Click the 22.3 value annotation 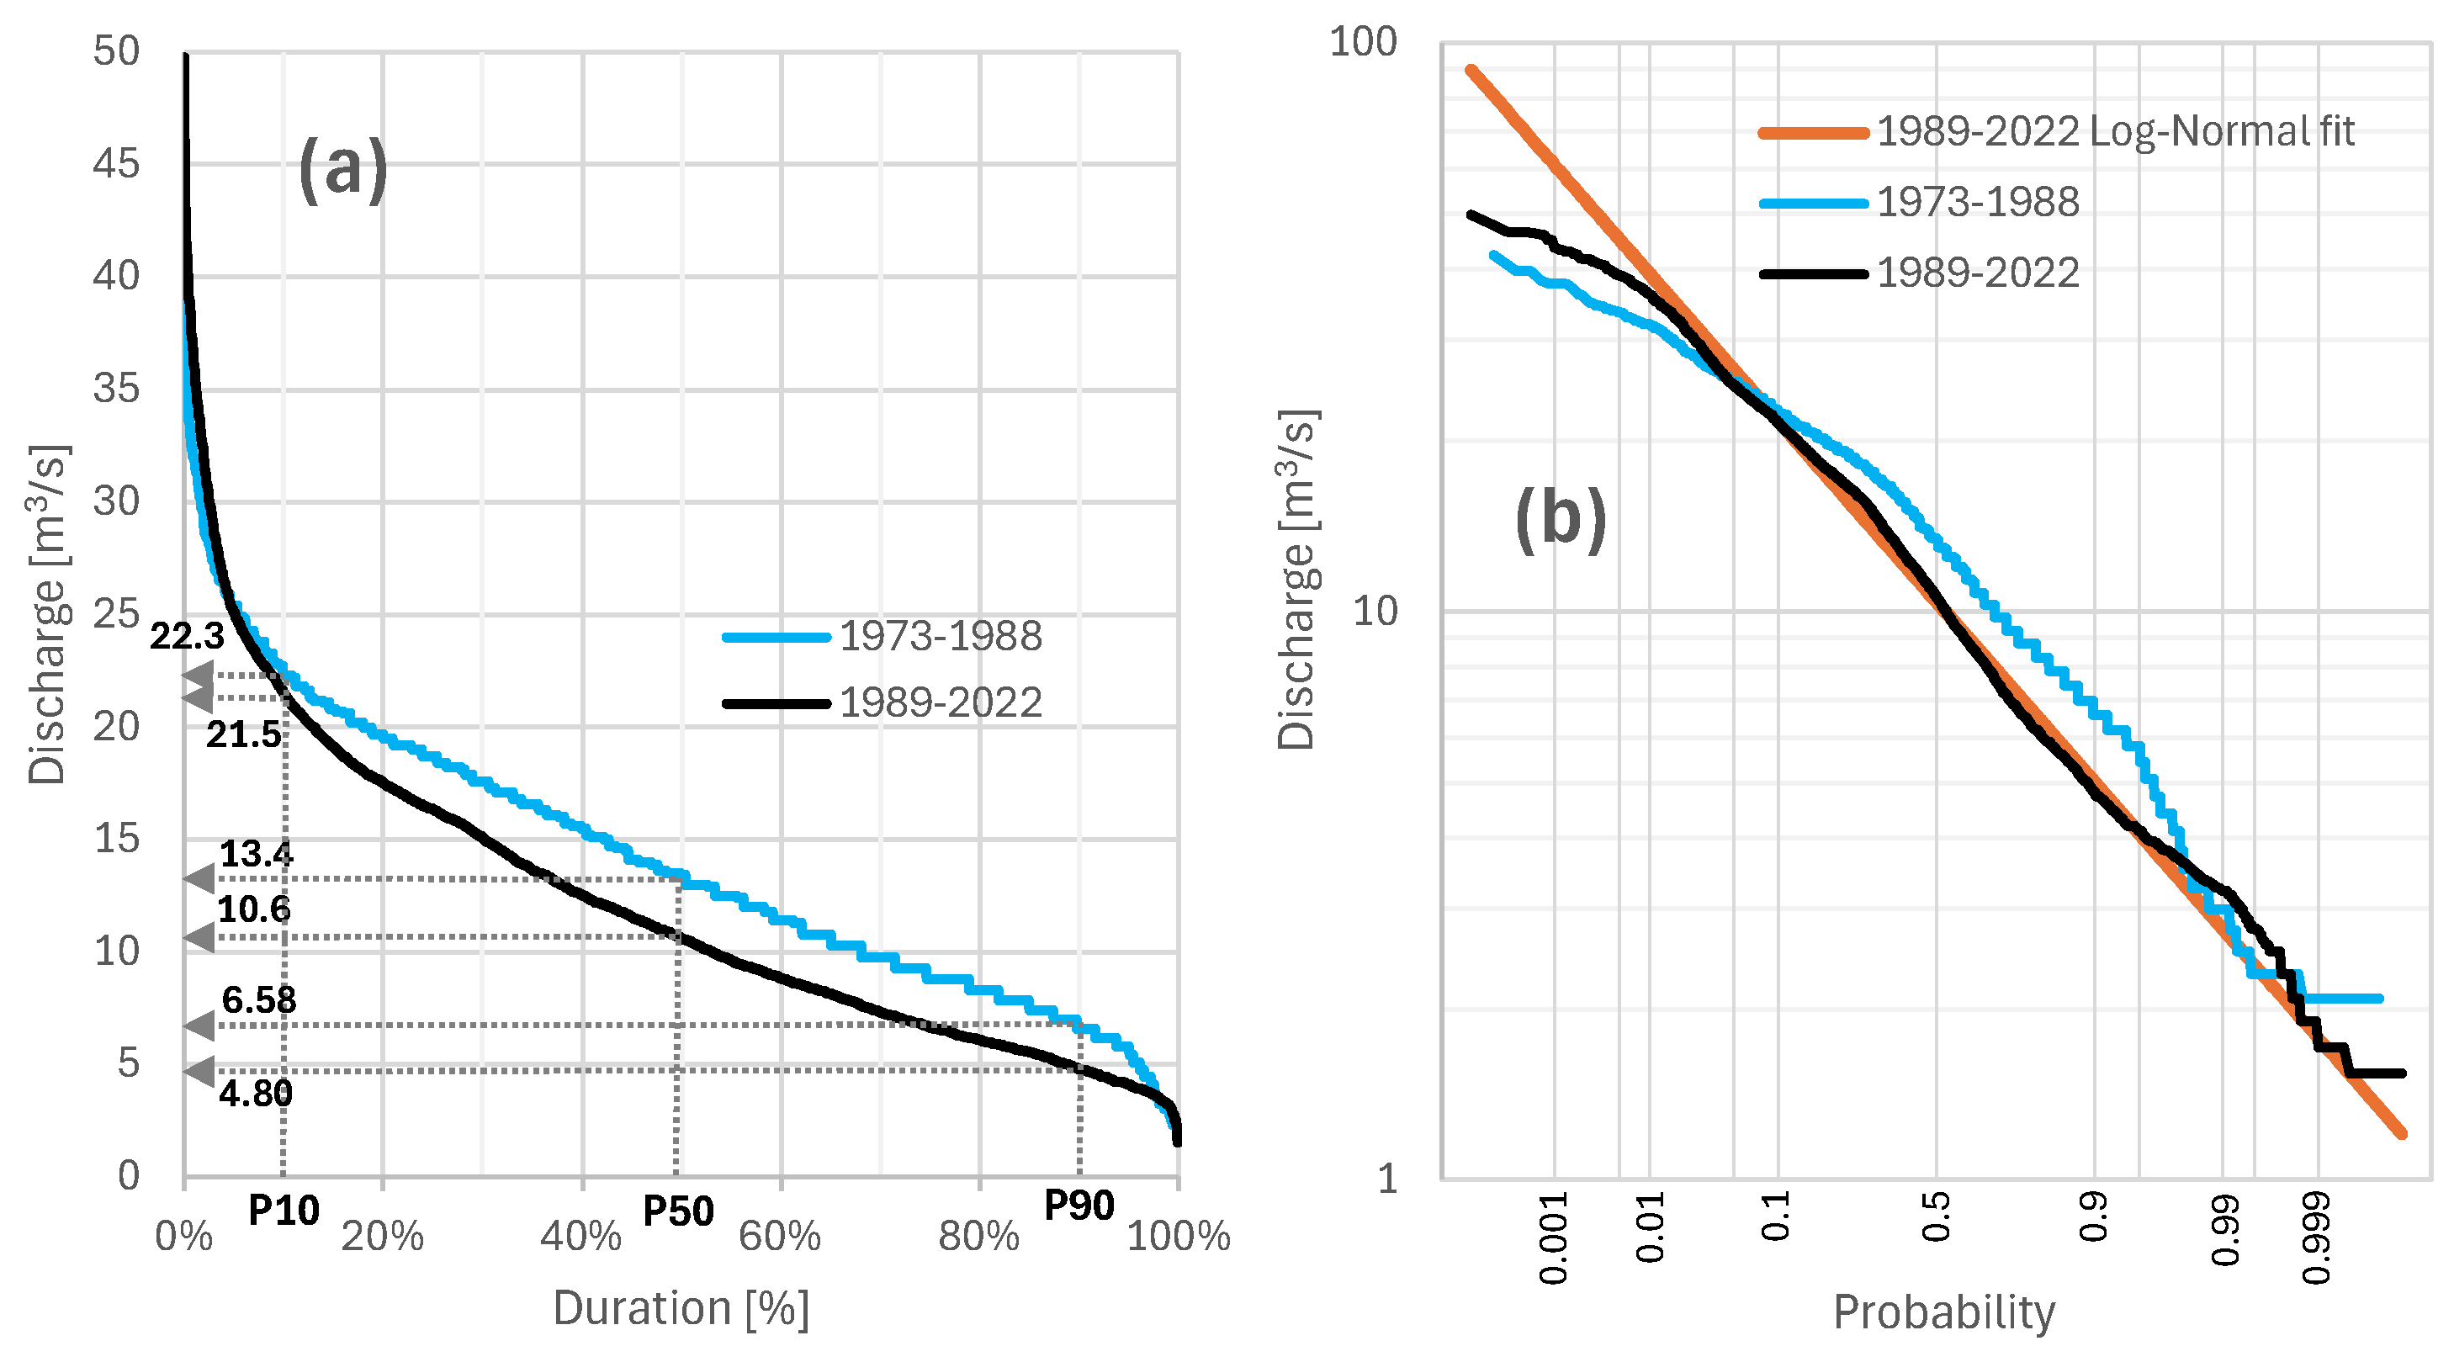(x=187, y=636)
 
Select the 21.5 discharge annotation (x=244, y=734)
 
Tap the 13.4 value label (x=257, y=855)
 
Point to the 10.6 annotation (x=253, y=909)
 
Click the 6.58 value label (x=258, y=1000)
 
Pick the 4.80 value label (x=255, y=1094)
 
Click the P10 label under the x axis (x=283, y=1211)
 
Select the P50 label (x=677, y=1211)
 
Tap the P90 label (x=1079, y=1206)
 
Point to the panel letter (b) (x=1561, y=519)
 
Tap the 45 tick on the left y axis (x=116, y=164)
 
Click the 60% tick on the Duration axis (x=779, y=1237)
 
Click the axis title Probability (x=1943, y=1312)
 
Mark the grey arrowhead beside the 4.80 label (x=199, y=1071)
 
